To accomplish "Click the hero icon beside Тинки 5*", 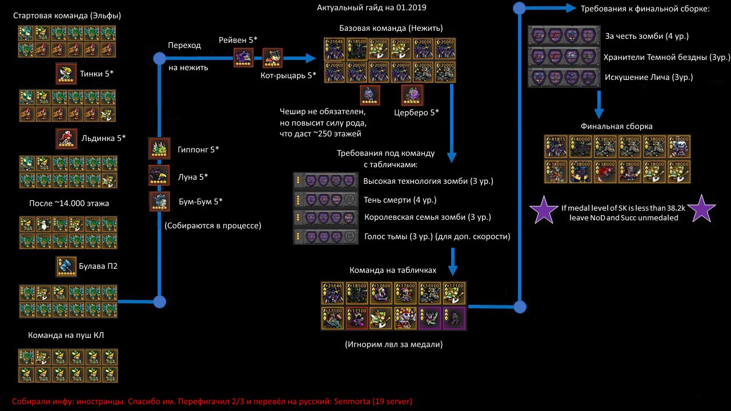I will coord(66,74).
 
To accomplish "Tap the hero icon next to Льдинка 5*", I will coord(66,139).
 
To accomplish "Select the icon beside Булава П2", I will coord(66,267).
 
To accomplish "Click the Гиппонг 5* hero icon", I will coord(159,148).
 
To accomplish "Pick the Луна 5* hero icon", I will coord(159,175).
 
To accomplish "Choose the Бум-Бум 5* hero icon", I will coord(159,202).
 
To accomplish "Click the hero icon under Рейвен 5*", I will coord(243,58).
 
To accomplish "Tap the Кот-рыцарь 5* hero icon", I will coord(272,58).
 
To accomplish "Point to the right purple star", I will coord(701,211).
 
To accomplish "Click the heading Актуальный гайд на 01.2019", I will coord(372,8).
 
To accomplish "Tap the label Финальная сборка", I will coord(616,126).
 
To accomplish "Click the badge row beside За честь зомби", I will coord(564,36).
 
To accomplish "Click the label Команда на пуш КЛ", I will coord(66,335).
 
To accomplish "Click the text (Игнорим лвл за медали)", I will coord(394,344).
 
